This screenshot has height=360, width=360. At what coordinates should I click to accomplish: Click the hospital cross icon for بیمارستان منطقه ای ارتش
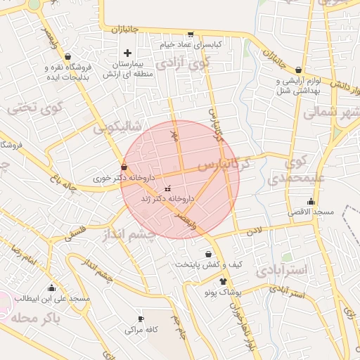click(127, 53)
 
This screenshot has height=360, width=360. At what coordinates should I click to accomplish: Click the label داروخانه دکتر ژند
click(168, 199)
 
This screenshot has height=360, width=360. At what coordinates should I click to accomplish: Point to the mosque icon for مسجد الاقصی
click(311, 202)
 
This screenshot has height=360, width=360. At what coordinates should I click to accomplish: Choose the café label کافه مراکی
click(141, 329)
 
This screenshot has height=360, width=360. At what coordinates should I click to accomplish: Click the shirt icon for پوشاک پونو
click(224, 281)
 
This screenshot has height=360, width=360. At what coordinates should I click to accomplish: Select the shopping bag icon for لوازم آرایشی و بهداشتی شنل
click(300, 70)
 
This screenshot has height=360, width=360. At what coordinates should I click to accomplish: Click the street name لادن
click(253, 230)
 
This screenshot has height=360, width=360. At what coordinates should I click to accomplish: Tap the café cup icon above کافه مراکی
click(141, 319)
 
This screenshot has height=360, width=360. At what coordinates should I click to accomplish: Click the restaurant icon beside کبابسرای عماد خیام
click(190, 34)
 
